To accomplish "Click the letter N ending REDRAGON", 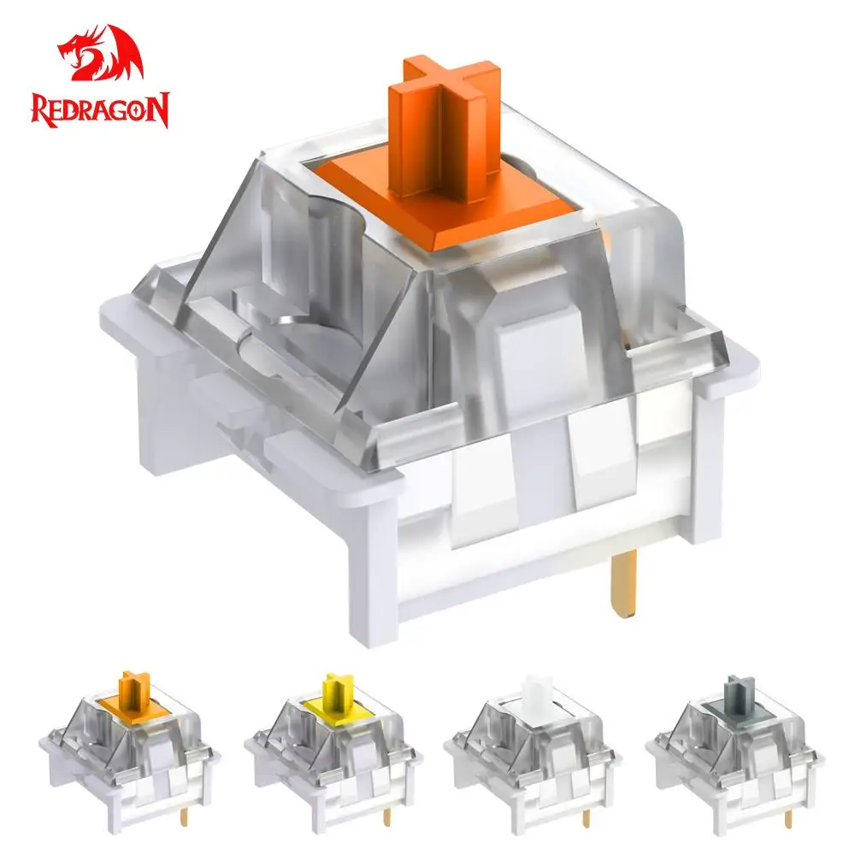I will (158, 110).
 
